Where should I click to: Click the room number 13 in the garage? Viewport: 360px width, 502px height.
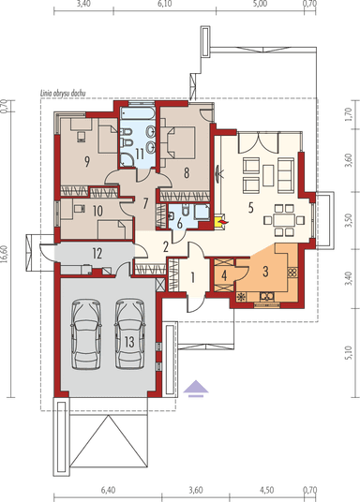tap(129, 342)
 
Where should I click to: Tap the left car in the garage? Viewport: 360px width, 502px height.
tap(86, 334)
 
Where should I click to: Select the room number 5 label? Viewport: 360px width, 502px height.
tap(251, 208)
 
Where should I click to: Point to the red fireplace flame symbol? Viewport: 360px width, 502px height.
tap(224, 221)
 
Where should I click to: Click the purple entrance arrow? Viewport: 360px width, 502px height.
tap(196, 389)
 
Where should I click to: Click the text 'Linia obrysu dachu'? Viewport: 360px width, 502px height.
tap(63, 94)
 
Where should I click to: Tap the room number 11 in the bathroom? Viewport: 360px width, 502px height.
tap(140, 155)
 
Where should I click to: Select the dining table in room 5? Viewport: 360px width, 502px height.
tap(284, 220)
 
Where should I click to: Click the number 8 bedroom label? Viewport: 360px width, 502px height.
tap(187, 173)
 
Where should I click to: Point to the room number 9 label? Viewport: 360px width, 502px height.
tap(86, 162)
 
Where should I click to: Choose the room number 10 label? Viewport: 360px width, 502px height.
tap(97, 211)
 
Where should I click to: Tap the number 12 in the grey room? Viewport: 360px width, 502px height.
tap(97, 254)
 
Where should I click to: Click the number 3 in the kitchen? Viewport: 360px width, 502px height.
tap(265, 272)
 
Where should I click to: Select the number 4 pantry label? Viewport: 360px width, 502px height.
tap(224, 275)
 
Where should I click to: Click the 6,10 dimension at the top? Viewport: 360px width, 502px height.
tap(165, 4)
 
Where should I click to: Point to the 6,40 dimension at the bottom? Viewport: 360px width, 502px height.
tap(108, 490)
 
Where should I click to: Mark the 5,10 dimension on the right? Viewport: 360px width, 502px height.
tap(349, 352)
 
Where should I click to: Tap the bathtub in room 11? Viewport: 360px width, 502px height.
tap(138, 113)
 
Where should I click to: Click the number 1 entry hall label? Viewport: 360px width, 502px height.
tap(192, 277)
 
